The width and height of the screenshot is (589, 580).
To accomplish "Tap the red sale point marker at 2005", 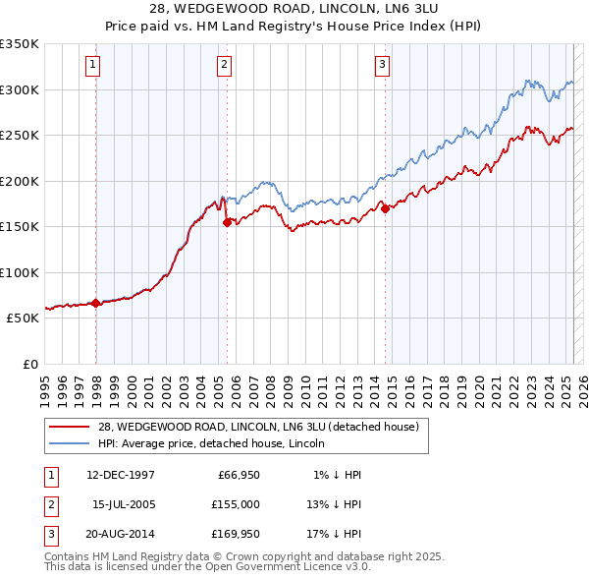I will (x=228, y=222).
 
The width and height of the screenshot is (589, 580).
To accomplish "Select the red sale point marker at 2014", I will (x=385, y=208).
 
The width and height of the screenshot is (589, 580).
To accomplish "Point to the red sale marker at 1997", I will (x=96, y=303).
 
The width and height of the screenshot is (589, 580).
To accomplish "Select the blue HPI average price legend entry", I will (x=217, y=443).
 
